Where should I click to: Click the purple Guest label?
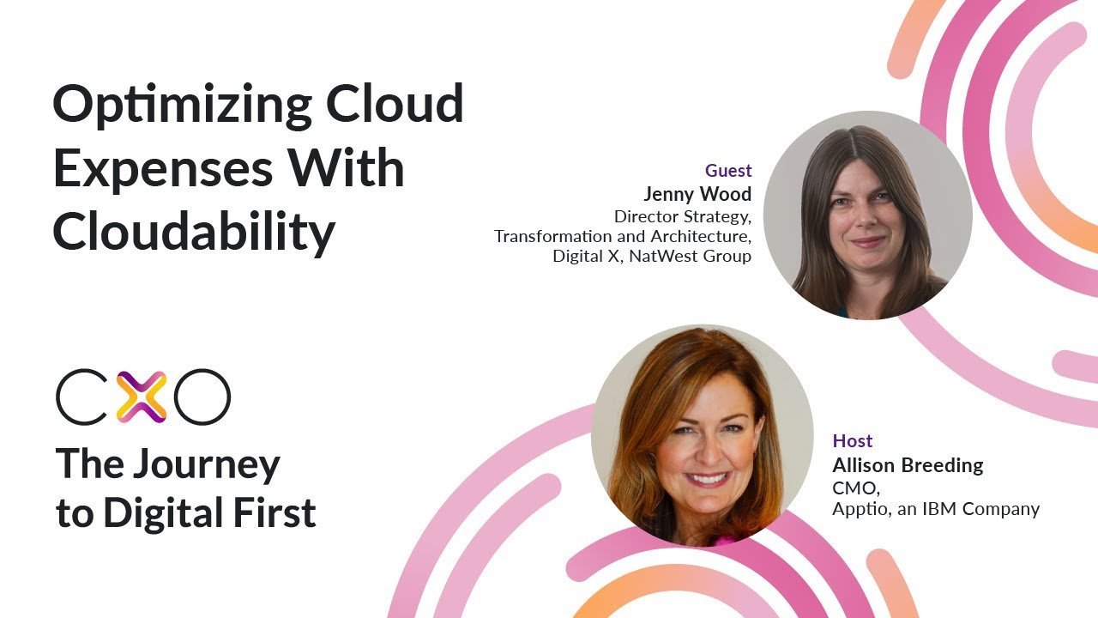pos(728,171)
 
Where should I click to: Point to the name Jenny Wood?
pos(697,194)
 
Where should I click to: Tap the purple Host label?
pos(853,441)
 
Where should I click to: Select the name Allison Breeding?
pos(908,466)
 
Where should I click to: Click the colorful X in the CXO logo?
pos(142,397)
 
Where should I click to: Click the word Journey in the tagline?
pos(207,465)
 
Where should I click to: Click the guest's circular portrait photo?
pos(867,215)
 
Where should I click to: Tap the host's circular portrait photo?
pos(702,435)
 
